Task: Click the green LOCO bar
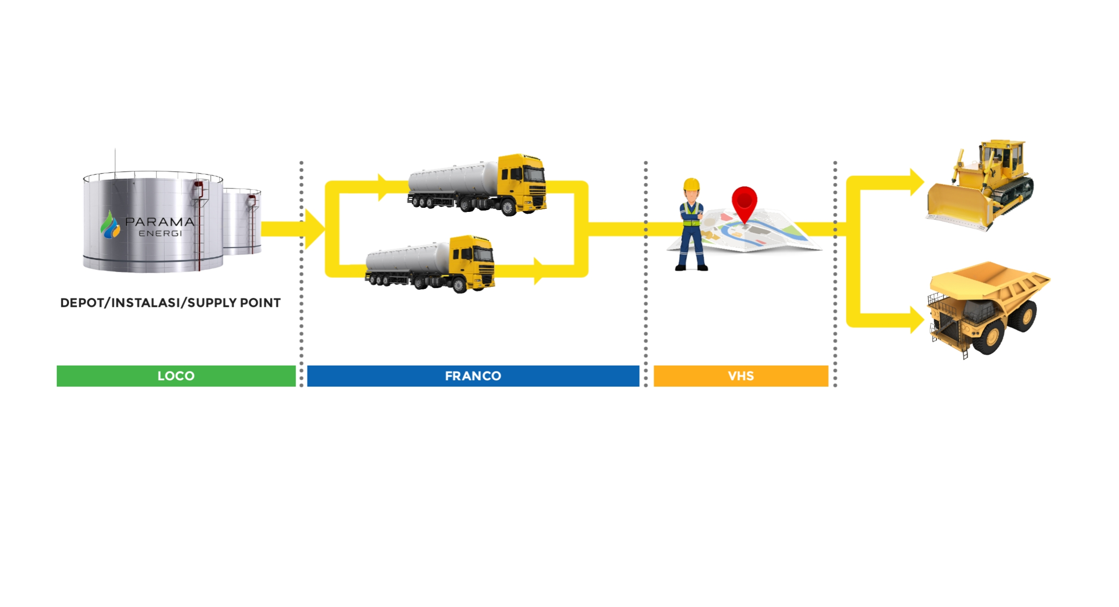[176, 376]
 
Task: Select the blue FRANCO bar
[473, 376]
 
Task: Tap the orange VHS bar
[741, 376]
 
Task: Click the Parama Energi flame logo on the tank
[110, 225]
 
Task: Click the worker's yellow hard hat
[692, 185]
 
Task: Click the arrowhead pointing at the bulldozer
[916, 182]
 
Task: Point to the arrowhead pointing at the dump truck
[916, 320]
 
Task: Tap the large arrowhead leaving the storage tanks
[314, 229]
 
